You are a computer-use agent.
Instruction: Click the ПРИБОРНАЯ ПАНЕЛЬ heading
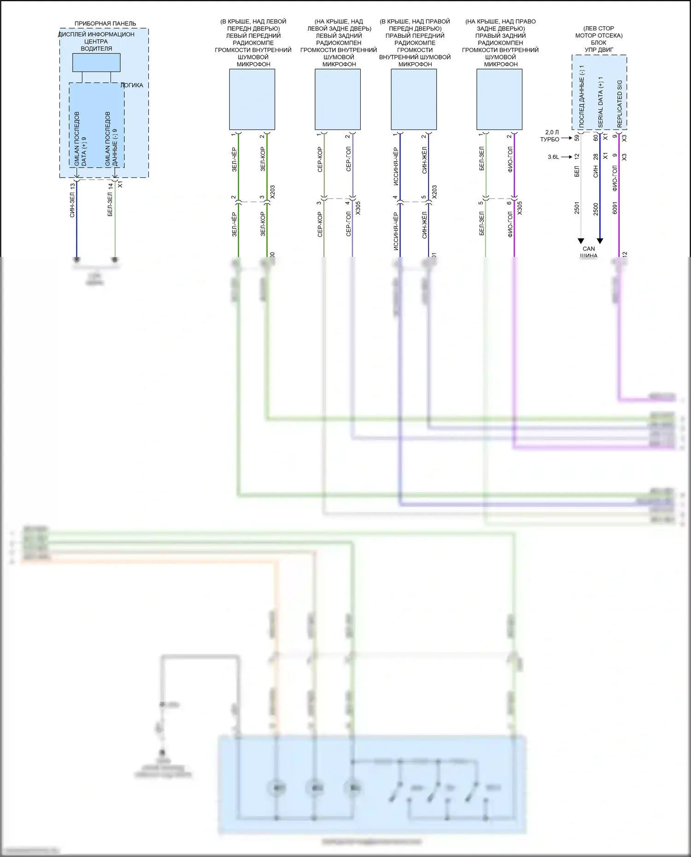click(105, 23)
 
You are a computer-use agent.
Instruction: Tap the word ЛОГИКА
click(132, 85)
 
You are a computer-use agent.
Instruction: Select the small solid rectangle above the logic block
click(96, 63)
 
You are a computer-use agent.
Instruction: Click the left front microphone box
click(252, 99)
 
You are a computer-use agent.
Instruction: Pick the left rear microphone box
click(338, 99)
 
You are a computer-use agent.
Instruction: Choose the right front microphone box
click(414, 99)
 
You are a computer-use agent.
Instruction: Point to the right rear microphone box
click(499, 99)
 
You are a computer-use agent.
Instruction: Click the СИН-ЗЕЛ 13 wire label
click(72, 200)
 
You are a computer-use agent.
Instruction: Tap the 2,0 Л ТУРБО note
click(550, 136)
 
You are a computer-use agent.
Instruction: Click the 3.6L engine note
click(553, 157)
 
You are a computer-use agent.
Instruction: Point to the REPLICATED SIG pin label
click(620, 104)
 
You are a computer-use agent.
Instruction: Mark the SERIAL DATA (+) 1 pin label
click(600, 102)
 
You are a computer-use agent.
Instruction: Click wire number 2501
click(577, 208)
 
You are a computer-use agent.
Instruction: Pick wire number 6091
click(615, 208)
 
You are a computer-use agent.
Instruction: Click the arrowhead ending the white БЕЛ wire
click(581, 241)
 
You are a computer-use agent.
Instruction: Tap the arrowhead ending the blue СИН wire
click(600, 241)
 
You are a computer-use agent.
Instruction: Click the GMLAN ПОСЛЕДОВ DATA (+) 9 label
click(80, 139)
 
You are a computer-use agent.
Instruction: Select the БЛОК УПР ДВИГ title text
click(598, 46)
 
